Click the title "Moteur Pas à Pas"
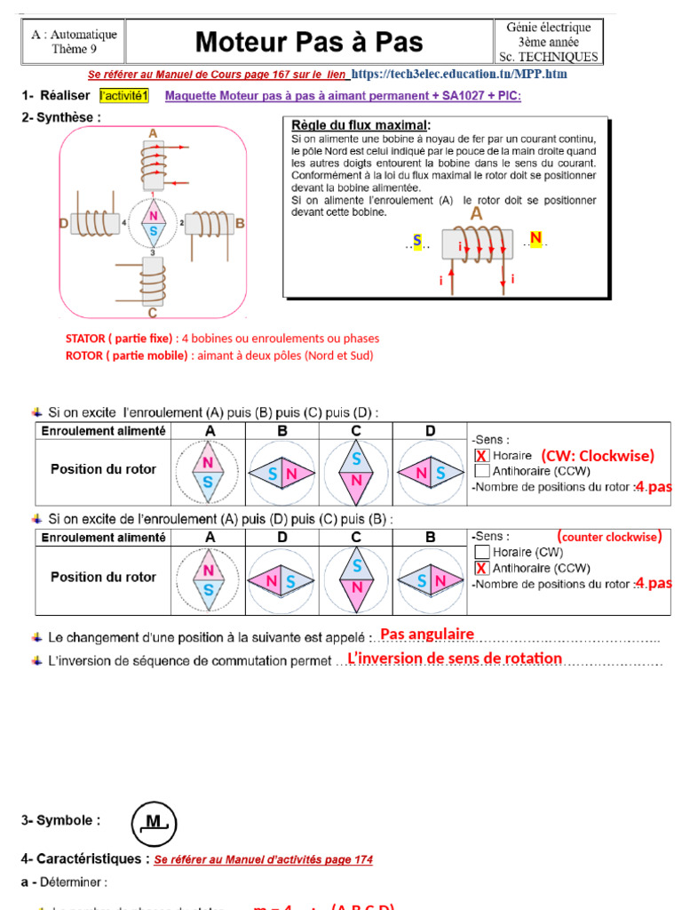point(308,42)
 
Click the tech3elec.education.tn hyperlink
point(459,74)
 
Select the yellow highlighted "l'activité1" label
point(124,96)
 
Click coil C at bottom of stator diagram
point(153,283)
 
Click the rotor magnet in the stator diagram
point(153,224)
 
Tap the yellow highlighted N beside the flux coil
point(535,237)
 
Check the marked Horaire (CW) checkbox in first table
point(481,456)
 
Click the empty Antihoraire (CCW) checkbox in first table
point(481,471)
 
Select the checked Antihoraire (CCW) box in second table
point(481,568)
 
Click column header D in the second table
point(282,538)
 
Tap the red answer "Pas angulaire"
point(427,634)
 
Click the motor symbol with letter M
point(155,823)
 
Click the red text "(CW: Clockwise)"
point(597,456)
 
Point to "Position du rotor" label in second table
point(103,577)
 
